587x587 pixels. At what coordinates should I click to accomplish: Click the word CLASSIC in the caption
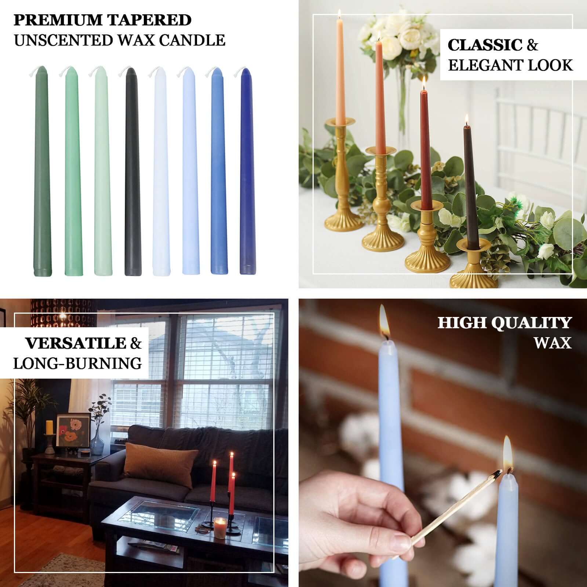point(484,45)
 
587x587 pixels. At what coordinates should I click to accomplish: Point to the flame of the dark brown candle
point(467,119)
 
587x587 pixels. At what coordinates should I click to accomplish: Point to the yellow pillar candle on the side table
point(49,427)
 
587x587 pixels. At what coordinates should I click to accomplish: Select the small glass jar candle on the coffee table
point(219,527)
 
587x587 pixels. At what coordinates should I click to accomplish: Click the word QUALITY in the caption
point(532,323)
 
